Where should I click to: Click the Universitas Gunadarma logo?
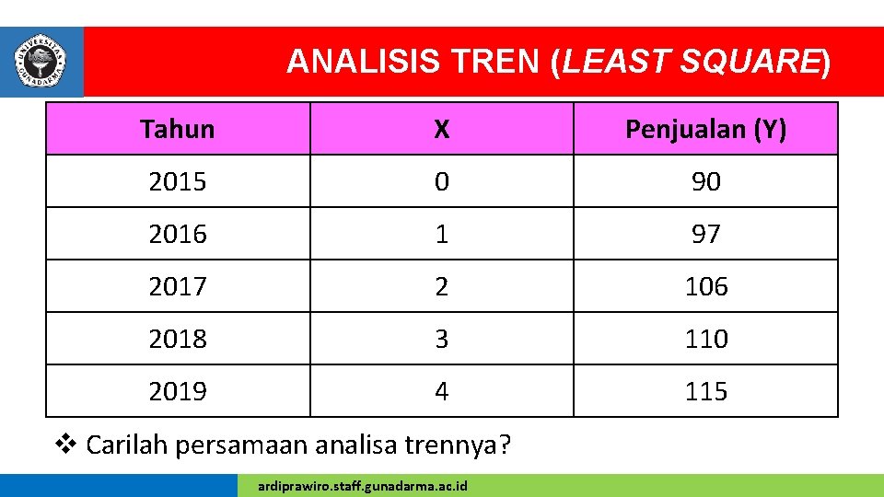tap(41, 61)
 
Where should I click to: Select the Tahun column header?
tap(178, 129)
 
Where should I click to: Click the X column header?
tap(442, 129)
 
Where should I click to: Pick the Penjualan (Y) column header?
tap(705, 129)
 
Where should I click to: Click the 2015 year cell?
tap(178, 181)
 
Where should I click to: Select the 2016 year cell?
tap(178, 234)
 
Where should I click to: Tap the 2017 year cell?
tap(178, 286)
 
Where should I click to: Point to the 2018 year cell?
tap(178, 339)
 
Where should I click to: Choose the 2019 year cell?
tap(178, 391)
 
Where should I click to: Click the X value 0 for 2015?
tap(442, 181)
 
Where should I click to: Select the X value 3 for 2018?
tap(442, 339)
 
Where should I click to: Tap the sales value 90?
tap(705, 181)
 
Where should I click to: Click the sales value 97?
tap(705, 234)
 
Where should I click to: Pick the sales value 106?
tap(705, 286)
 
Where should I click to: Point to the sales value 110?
tap(705, 339)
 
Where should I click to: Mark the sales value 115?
tap(705, 391)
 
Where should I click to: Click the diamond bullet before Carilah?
tap(64, 445)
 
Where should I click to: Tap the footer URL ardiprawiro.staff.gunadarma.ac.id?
tap(363, 485)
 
